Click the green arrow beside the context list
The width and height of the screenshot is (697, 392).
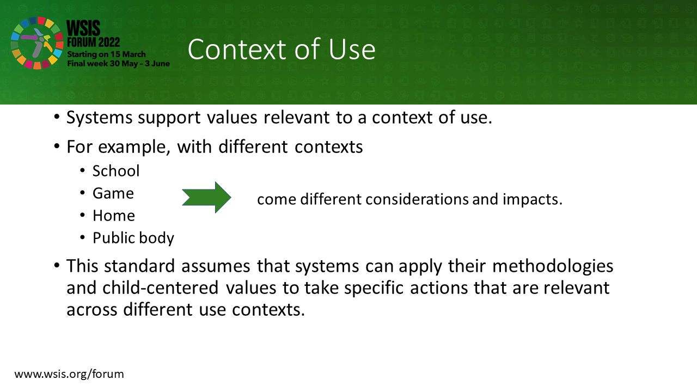[x=206, y=198]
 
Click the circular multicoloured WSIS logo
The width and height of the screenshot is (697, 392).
[x=37, y=43]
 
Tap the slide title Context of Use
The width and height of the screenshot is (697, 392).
[x=282, y=49]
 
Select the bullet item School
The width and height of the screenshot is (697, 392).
[x=116, y=171]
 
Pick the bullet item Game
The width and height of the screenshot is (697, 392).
[x=113, y=193]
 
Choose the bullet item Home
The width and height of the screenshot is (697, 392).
[x=114, y=216]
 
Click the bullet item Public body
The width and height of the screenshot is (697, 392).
[x=133, y=238]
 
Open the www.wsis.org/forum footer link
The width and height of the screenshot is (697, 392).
[x=69, y=374]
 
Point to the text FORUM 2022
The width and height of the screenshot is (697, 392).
[x=93, y=42]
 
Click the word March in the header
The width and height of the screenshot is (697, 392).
[x=134, y=54]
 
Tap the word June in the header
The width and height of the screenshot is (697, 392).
[x=161, y=64]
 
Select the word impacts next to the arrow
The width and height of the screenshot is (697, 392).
[x=533, y=199]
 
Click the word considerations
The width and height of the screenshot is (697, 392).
[x=417, y=199]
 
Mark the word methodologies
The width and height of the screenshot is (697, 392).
[x=553, y=267]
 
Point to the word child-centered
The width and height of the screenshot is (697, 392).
[x=160, y=288]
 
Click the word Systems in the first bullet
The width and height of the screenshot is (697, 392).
[x=100, y=118]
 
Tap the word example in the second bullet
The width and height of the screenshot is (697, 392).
[x=134, y=147]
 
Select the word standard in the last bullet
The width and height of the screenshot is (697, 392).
[x=139, y=266]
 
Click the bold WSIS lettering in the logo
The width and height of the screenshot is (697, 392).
[x=83, y=28]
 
